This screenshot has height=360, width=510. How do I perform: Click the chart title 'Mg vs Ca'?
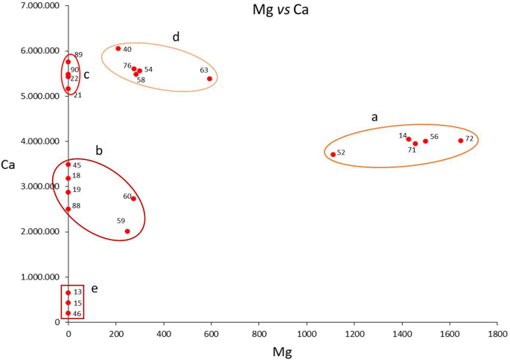tap(281, 12)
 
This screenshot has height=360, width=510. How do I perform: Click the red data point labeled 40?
tap(118, 48)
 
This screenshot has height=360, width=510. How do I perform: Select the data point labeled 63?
tap(210, 79)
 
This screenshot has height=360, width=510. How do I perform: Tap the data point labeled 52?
tap(333, 155)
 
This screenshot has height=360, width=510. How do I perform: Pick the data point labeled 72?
tap(461, 141)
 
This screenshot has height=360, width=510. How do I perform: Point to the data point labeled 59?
tap(127, 231)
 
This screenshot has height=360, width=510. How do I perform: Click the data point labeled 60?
tap(133, 199)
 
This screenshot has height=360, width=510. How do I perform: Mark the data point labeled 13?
tap(68, 293)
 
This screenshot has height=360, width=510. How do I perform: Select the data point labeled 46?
tap(68, 313)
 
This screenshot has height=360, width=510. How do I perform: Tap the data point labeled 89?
tap(68, 62)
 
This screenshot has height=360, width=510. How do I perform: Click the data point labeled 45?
tap(68, 164)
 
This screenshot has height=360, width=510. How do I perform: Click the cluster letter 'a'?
tap(375, 117)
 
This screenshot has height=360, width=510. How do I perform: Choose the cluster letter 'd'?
tap(176, 36)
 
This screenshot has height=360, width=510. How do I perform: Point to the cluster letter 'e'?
tap(95, 288)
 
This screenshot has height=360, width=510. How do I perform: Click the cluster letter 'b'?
tap(98, 150)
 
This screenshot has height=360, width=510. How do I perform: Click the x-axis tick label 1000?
tap(306, 335)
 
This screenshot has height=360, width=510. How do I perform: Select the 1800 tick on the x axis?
tap(497, 335)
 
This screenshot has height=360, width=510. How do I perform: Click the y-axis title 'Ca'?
tap(10, 164)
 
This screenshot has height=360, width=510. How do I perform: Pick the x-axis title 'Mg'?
tap(282, 351)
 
